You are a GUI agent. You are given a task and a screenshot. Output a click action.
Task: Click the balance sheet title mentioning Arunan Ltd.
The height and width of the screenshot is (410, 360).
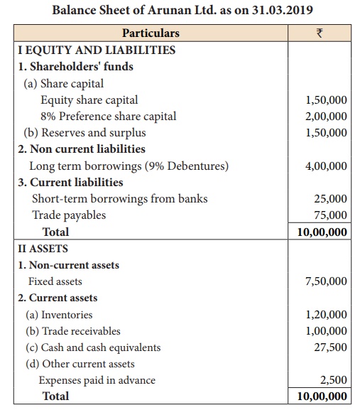180,11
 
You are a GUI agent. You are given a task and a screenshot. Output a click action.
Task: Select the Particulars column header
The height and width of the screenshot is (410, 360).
151,33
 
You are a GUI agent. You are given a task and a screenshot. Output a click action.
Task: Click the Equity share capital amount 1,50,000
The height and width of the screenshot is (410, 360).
326,100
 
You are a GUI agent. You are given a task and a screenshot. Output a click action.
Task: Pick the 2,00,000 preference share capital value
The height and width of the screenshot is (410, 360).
326,117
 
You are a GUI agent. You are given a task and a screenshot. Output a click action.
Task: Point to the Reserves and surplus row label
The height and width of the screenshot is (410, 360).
85,133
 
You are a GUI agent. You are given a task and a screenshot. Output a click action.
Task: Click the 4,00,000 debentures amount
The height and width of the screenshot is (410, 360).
326,166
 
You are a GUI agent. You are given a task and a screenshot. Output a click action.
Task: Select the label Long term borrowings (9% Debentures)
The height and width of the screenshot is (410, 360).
129,166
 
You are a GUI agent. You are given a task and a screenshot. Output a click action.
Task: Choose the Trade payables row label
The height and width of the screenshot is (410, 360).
69,215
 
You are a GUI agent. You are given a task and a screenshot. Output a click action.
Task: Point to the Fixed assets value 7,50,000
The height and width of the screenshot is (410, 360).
326,281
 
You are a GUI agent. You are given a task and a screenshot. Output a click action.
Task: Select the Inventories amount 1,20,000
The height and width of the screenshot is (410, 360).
326,314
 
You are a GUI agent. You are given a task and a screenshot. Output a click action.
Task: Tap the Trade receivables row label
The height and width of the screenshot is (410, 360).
73,331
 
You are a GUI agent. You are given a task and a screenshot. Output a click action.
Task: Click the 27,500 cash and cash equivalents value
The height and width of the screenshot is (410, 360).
330,347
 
